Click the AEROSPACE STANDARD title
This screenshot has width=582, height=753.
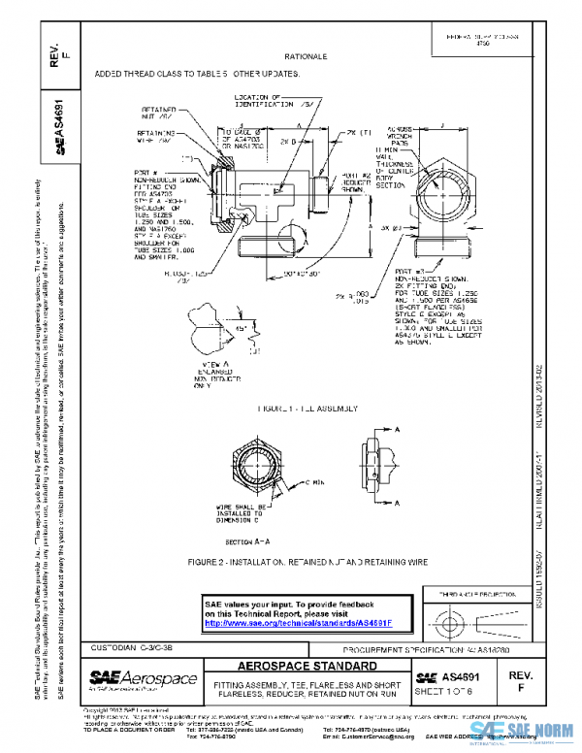(307, 668)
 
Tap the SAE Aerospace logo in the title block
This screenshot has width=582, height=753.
(143, 678)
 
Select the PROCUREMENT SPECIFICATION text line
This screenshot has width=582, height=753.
(398, 649)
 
